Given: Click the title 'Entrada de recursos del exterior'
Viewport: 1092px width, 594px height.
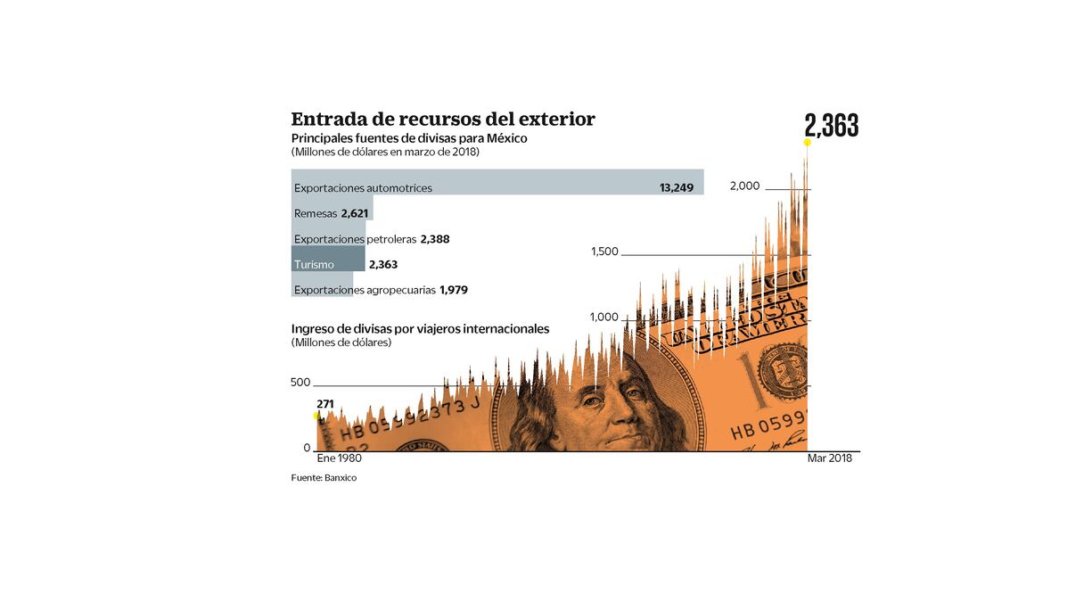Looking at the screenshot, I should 443,120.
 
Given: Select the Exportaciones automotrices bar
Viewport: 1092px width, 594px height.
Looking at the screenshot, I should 497,183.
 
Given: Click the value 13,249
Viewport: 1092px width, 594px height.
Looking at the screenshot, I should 677,188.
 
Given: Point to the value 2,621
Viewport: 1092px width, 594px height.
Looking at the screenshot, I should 355,214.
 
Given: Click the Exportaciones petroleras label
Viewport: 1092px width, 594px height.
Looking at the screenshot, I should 355,239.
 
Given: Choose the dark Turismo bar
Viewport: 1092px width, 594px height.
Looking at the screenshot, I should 328,260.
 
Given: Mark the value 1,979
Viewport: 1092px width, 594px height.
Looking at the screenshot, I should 454,290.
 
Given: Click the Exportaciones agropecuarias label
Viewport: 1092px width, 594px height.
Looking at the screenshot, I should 365,290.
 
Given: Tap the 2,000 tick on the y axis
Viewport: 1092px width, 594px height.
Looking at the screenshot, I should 744,186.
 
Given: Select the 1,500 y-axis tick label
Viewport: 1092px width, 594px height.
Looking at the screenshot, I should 604,252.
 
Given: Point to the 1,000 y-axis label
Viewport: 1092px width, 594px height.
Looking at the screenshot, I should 604,318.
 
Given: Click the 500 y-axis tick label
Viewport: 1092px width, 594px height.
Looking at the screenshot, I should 300,383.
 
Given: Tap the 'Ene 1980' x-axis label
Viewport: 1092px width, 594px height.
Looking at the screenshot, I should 340,458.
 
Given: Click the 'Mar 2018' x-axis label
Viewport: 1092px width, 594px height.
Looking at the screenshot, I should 829,458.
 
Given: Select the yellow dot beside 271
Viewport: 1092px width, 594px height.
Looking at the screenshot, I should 316,417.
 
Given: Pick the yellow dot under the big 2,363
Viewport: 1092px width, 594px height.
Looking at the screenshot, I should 807,143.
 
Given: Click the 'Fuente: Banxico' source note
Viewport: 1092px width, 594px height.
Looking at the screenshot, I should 324,478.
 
